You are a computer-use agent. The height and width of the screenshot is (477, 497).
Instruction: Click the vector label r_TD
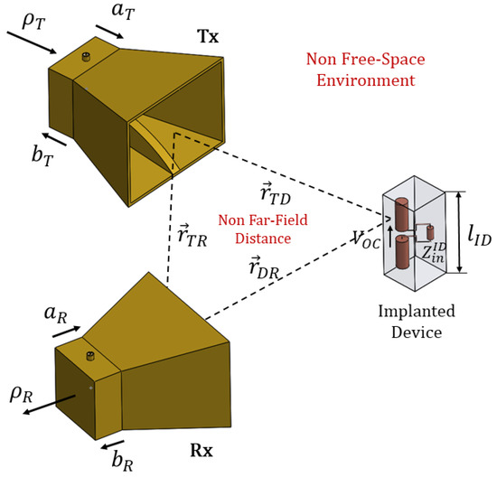tap(274, 193)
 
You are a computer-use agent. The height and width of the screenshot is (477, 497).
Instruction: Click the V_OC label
tap(371, 238)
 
